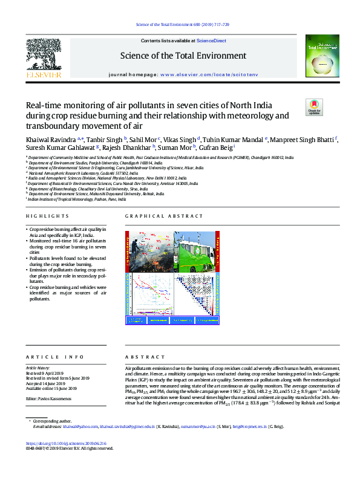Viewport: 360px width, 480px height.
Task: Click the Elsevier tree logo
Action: [x=43, y=54]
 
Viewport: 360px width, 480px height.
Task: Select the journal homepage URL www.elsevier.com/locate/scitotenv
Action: [x=209, y=73]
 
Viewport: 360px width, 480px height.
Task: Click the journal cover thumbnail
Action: [x=318, y=57]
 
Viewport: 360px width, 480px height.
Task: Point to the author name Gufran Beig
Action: [x=216, y=148]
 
